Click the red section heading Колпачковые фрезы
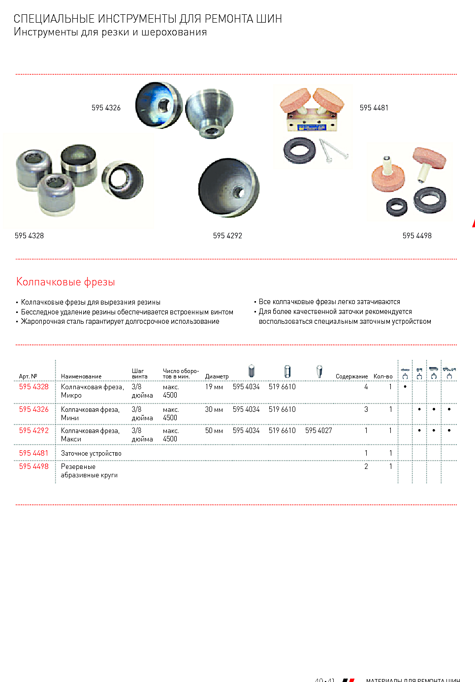pos(65,282)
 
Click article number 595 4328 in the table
pos(34,387)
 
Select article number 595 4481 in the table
pos(34,453)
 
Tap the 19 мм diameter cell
pos(214,387)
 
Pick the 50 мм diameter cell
pos(214,431)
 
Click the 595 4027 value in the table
pos(318,431)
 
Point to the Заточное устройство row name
pos(91,454)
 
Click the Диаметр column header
pos(217,376)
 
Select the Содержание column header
pos(351,376)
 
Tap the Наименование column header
pos(81,376)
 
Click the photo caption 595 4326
pos(106,108)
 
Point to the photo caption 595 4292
pos(227,236)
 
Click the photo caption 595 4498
pos(417,236)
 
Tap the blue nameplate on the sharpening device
pos(313,127)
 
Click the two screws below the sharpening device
pos(333,151)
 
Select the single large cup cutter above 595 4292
pos(229,187)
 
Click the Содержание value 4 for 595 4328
pos(366,387)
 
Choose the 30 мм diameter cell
pos(214,409)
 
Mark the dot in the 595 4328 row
pos(405,387)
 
